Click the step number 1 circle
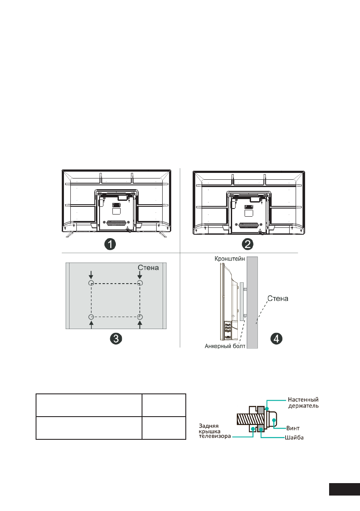pyautogui.click(x=110, y=244)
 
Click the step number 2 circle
pyautogui.click(x=248, y=244)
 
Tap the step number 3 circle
pyautogui.click(x=116, y=339)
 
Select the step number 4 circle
pyautogui.click(x=277, y=339)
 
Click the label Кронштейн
pyautogui.click(x=230, y=259)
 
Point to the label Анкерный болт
pyautogui.click(x=225, y=346)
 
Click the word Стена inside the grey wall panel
pyautogui.click(x=148, y=268)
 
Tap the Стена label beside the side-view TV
pyautogui.click(x=278, y=299)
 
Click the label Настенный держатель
pyautogui.click(x=303, y=403)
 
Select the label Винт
pyautogui.click(x=293, y=428)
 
